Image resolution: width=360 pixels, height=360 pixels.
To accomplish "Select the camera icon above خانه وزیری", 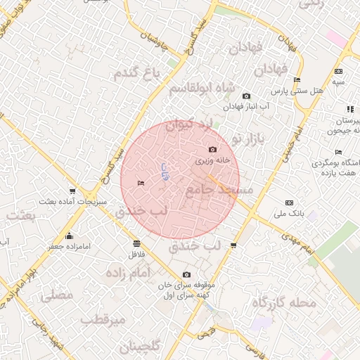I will tap(213, 149).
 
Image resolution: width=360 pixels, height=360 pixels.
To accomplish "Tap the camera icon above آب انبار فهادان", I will tap(246, 96).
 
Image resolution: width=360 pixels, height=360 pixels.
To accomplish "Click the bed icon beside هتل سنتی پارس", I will tap(297, 80).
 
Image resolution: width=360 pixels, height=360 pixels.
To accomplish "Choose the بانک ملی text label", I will tap(288, 212).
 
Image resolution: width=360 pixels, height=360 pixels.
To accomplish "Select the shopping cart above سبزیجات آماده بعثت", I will tap(72, 191).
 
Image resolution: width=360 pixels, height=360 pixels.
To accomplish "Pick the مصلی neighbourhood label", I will tap(58, 295).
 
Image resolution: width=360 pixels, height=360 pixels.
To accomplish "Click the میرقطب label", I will tap(103, 320).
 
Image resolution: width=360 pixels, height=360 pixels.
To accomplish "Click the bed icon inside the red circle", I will tap(141, 184).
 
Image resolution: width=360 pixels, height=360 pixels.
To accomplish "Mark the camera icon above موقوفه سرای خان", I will tap(186, 274).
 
